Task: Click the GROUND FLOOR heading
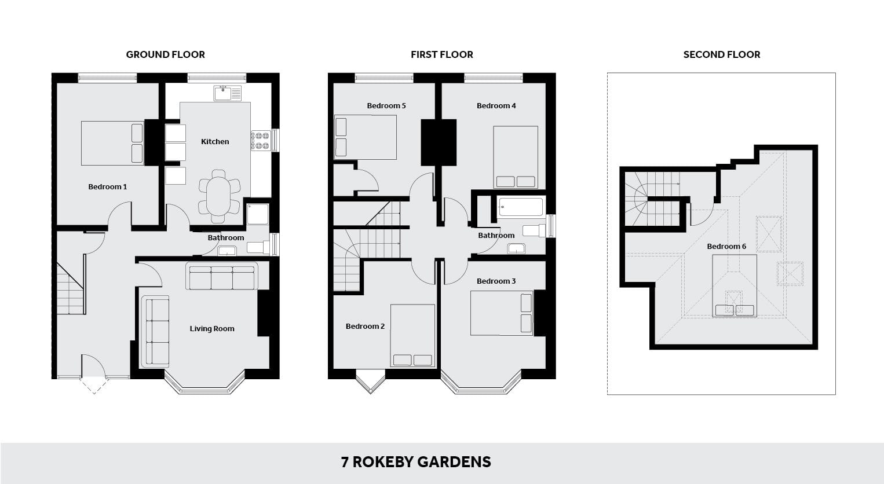coord(165,54)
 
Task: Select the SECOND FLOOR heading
coord(721,54)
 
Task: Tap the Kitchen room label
coord(215,142)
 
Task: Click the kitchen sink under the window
coord(228,93)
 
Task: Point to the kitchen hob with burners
coord(261,141)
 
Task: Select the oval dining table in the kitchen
coord(218,196)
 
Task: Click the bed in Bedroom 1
coord(112,143)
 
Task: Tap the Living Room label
coord(212,329)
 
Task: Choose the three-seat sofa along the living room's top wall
coord(222,276)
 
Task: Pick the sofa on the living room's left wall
coord(155,332)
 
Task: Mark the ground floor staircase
coord(71,288)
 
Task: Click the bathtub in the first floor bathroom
coord(521,207)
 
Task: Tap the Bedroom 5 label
coord(386,106)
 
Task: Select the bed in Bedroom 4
coord(516,157)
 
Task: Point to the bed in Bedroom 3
coord(502,313)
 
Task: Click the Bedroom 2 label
coord(365,326)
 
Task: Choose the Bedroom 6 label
coord(726,247)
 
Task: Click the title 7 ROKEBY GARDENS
coord(416,462)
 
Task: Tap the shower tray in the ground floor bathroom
coord(258,214)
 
